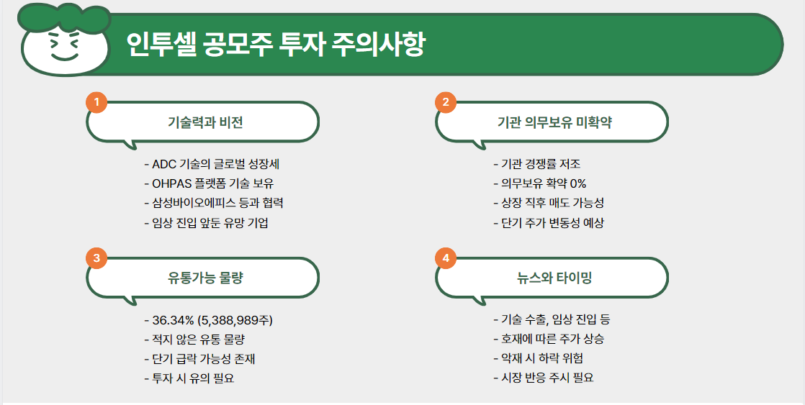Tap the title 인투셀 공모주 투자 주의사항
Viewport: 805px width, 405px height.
pyautogui.click(x=275, y=45)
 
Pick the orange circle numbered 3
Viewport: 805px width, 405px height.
pyautogui.click(x=96, y=258)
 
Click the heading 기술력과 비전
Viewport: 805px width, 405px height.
pyautogui.click(x=205, y=122)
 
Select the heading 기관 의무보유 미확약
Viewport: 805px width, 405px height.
pyautogui.click(x=554, y=122)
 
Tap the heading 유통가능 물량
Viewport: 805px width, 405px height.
pyautogui.click(x=205, y=278)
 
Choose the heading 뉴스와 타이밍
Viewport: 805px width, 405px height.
pyautogui.click(x=554, y=278)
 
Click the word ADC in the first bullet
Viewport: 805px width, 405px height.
pyautogui.click(x=164, y=164)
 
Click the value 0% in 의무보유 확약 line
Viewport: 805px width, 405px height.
pyautogui.click(x=577, y=183)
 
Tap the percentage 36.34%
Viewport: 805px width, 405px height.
pyautogui.click(x=173, y=320)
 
